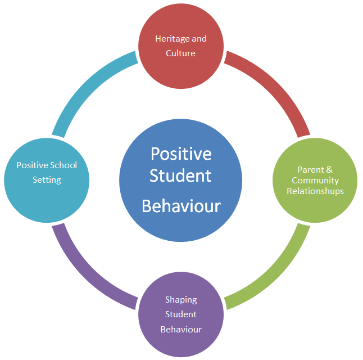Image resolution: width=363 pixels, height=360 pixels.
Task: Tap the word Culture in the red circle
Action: click(180, 53)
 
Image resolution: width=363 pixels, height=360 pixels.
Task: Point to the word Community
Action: click(315, 181)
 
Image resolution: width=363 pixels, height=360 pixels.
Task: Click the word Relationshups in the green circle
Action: click(315, 191)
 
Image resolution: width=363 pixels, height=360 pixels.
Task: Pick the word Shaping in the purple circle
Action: click(181, 299)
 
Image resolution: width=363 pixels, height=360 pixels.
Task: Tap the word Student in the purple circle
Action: click(181, 314)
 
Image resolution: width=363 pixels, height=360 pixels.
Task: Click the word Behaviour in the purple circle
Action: click(181, 329)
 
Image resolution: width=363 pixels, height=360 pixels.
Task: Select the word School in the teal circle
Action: click(62, 165)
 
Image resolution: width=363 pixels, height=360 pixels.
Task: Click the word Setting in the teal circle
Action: click(46, 180)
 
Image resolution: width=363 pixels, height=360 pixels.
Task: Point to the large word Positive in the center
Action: click(181, 153)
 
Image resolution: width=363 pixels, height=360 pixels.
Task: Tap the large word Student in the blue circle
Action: click(181, 175)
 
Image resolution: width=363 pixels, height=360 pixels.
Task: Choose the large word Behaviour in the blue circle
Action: click(181, 206)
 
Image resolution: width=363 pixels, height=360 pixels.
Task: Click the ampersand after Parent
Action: click(330, 169)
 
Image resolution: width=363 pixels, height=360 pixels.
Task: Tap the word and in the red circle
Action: click(199, 39)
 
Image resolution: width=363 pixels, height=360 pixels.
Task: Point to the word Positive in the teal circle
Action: click(32, 165)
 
